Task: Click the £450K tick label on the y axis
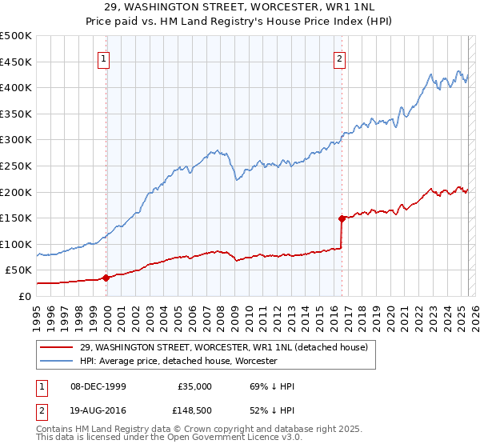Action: coord(16,62)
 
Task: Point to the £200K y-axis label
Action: coord(16,192)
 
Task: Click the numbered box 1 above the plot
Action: coord(105,58)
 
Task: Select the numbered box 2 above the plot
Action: coord(340,58)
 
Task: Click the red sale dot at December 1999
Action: coord(106,278)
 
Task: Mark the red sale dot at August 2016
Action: coord(342,218)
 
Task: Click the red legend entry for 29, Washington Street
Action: coord(224,347)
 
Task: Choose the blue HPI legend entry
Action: coord(178,361)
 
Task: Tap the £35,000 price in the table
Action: coord(194,386)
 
